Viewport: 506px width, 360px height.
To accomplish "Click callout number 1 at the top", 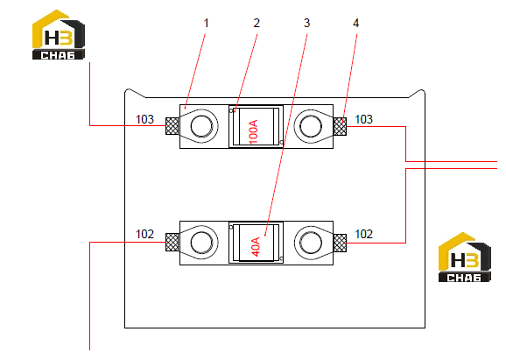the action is click(207, 24).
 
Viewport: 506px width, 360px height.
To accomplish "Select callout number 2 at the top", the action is click(257, 24).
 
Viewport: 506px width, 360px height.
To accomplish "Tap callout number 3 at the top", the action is click(306, 24).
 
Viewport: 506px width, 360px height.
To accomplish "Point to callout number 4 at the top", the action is click(355, 24).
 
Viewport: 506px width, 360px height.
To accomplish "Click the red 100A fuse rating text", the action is click(254, 131).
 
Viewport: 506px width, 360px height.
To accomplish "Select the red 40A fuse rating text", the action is click(256, 247).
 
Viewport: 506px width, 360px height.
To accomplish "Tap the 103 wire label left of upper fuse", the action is click(144, 119).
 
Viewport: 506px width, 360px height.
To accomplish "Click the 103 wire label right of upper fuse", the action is click(363, 119).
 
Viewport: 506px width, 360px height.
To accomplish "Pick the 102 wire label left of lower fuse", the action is click(144, 234).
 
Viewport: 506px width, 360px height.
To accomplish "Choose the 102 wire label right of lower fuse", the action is click(363, 234).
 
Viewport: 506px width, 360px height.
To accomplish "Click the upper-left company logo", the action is click(59, 35).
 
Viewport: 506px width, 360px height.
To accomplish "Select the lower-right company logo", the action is click(465, 258).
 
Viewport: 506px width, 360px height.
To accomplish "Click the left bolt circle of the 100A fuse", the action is click(201, 126).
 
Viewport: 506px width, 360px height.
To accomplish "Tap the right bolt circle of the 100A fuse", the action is click(311, 126).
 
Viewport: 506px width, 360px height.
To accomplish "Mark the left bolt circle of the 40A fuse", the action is click(201, 243).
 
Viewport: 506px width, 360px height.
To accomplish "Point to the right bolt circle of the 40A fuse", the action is click(311, 243).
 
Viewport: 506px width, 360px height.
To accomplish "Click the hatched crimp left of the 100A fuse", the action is click(172, 126).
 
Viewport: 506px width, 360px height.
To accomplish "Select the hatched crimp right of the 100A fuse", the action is click(340, 126).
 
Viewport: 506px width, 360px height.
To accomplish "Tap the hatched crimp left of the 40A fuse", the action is click(172, 242).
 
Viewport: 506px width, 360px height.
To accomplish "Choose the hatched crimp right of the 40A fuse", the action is click(340, 244).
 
